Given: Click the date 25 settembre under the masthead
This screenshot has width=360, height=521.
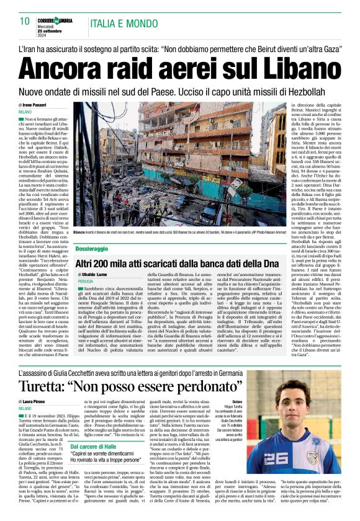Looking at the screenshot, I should point(59,30).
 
